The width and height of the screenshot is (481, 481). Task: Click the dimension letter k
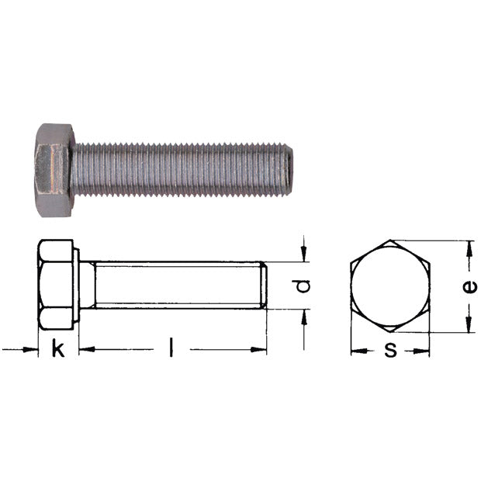click(58, 349)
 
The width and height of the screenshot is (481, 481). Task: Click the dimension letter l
click(171, 349)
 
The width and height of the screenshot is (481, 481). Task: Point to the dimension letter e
click(469, 286)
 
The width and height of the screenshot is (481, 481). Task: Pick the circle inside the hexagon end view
click(389, 286)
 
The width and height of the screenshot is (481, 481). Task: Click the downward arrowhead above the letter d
click(305, 255)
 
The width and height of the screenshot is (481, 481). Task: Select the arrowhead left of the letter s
click(357, 351)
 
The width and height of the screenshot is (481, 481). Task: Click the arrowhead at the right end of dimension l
click(261, 350)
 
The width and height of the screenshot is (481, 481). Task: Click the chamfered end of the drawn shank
click(264, 285)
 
